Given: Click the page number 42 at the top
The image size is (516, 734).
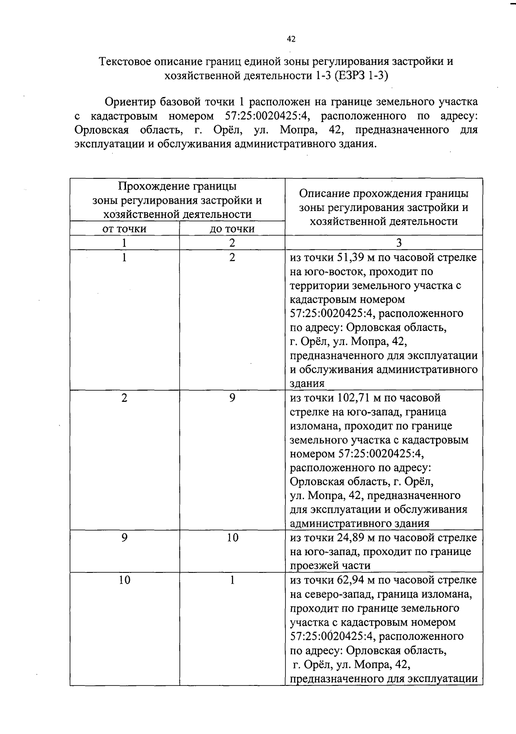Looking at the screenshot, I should click(x=291, y=39).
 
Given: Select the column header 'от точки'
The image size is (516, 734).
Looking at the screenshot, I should click(x=124, y=229).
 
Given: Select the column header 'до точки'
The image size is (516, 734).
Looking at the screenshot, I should click(x=232, y=229).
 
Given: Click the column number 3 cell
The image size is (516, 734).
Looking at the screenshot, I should click(x=399, y=243).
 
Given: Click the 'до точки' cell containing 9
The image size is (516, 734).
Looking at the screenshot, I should click(x=232, y=398).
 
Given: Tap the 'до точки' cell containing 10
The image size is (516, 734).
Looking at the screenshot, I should click(x=232, y=538).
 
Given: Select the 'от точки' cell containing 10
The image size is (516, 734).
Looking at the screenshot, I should click(x=124, y=580).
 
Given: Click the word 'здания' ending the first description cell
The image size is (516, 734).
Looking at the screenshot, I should click(x=307, y=383).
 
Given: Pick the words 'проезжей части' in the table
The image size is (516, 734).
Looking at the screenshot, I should click(x=330, y=566).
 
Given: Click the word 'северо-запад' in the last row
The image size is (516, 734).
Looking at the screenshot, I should click(x=338, y=594).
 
